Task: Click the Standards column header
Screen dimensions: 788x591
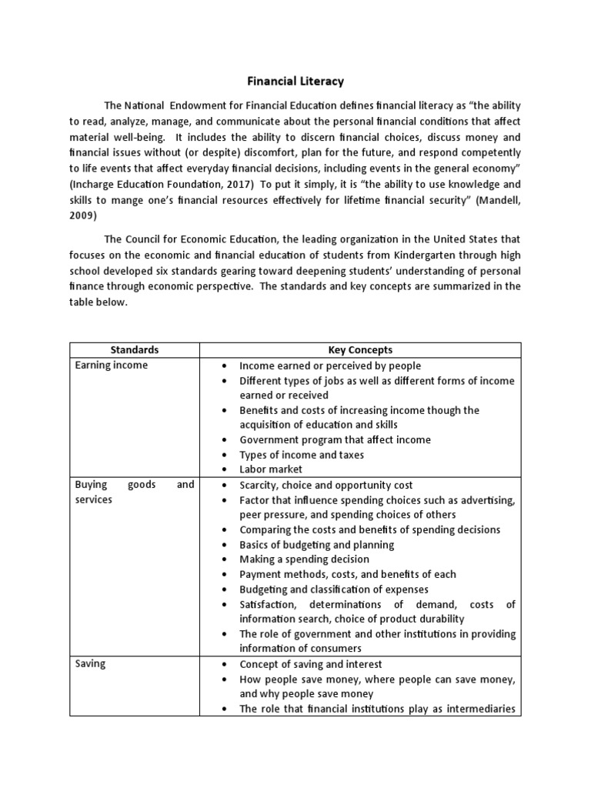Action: tap(134, 350)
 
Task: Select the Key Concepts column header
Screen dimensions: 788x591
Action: tap(360, 350)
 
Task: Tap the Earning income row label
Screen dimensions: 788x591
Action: tap(112, 366)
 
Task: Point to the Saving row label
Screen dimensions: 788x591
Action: tap(91, 664)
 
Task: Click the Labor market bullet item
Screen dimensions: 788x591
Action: tap(271, 469)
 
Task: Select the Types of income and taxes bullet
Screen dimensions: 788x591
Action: tap(302, 455)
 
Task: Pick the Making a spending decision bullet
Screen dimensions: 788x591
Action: tap(304, 559)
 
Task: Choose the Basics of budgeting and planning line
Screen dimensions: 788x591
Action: tap(316, 545)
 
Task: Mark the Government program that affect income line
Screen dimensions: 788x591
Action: tap(335, 440)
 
